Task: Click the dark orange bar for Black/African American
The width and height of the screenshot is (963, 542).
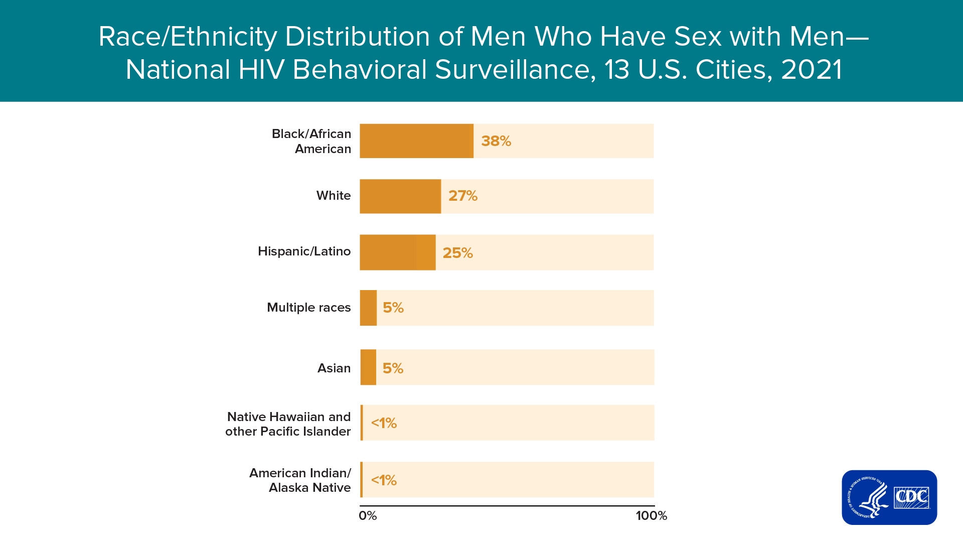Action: point(416,141)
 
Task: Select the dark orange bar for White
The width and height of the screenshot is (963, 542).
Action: point(400,196)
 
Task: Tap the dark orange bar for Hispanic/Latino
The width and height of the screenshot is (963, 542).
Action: point(398,252)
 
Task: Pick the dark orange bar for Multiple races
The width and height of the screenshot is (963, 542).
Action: point(368,308)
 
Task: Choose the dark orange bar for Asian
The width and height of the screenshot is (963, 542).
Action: point(368,367)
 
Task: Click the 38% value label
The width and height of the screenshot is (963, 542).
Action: point(496,141)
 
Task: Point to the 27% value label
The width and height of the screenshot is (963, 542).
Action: point(463,196)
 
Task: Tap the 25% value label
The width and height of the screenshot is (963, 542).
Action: point(457,253)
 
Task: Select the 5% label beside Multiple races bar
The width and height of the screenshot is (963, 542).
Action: point(393,308)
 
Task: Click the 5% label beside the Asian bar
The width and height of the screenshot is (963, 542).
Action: point(393,368)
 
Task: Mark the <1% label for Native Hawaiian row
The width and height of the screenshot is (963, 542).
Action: point(384,424)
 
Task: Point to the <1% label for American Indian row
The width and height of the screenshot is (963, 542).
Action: point(384,481)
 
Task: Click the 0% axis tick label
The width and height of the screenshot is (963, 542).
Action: point(368,516)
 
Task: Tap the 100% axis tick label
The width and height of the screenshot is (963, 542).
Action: point(652,516)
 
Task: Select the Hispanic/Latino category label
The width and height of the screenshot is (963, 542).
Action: point(304,251)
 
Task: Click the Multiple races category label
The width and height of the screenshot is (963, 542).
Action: point(309,308)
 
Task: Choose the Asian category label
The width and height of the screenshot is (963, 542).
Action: point(334,368)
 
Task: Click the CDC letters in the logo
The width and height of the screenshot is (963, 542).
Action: point(911,497)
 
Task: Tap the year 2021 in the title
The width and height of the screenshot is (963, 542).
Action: point(812,70)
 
